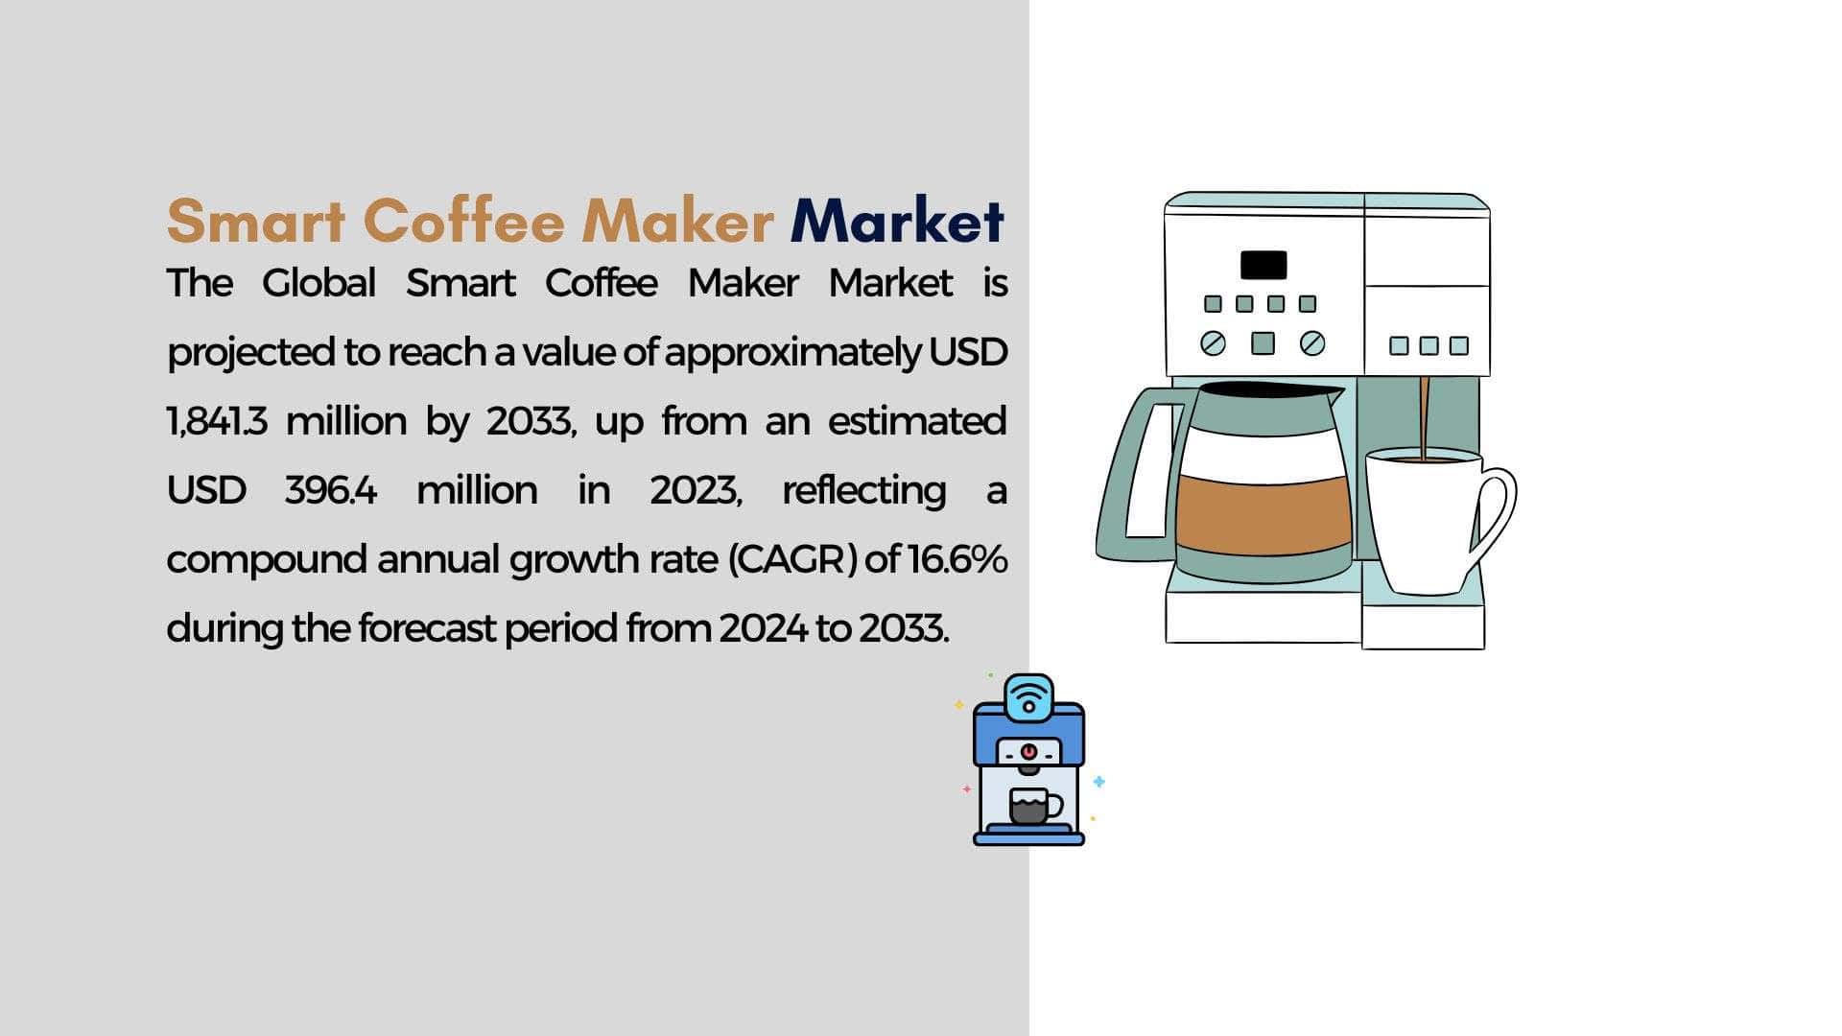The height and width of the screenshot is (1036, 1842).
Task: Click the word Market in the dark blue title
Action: point(897,221)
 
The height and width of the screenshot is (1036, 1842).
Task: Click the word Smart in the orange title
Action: point(256,221)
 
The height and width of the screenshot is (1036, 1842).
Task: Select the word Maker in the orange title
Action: point(678,221)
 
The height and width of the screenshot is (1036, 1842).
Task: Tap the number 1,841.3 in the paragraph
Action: point(217,422)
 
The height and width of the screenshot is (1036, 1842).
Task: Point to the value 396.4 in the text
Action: point(331,491)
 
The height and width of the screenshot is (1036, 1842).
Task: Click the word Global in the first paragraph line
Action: point(319,284)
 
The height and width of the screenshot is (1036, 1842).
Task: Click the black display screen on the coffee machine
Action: point(1263,265)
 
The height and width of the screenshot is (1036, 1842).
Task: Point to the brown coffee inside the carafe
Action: point(1263,515)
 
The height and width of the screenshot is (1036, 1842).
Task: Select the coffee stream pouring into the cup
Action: point(1424,417)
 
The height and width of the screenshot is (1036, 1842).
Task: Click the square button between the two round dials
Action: point(1263,342)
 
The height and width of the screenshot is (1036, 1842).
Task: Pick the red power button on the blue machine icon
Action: point(1028,751)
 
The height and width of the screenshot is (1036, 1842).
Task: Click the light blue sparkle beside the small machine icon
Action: point(1099,782)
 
